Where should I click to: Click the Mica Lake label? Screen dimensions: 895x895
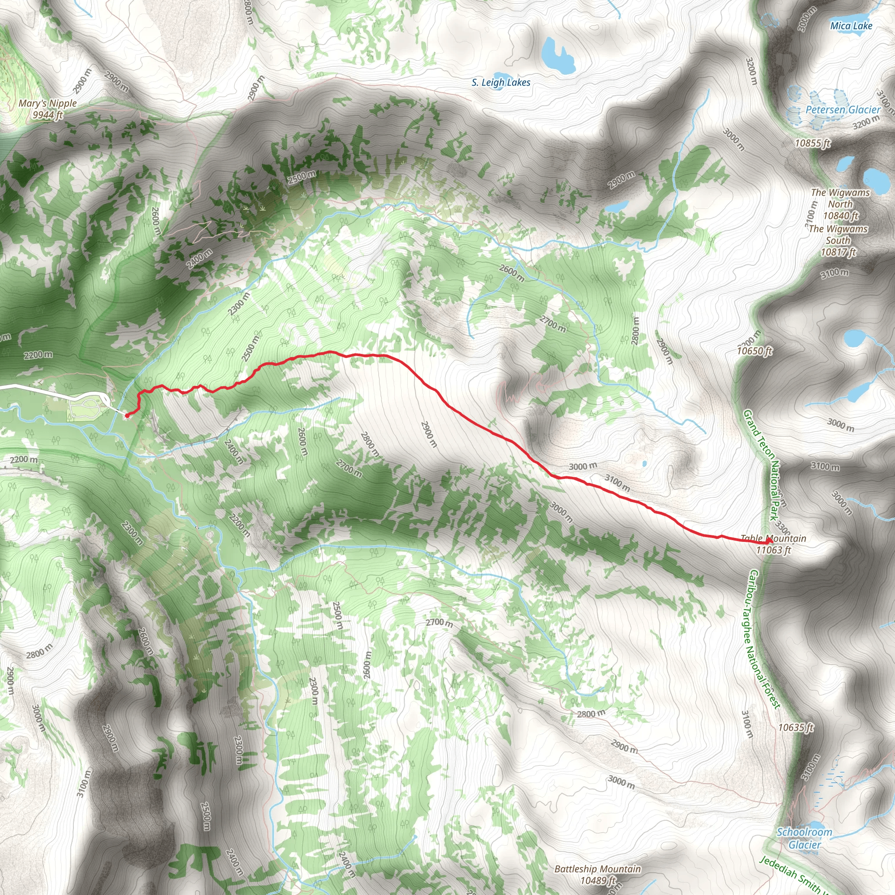pos(851,26)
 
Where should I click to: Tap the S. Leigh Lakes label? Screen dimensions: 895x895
pos(501,83)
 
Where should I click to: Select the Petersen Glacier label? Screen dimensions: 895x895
pos(843,110)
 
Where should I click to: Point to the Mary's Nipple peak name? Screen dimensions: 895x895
pos(48,103)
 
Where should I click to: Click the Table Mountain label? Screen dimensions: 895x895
pos(773,538)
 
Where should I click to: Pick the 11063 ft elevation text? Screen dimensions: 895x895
pos(773,550)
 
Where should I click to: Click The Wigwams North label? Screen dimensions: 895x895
pos(840,198)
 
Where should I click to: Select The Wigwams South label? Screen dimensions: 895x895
pos(838,234)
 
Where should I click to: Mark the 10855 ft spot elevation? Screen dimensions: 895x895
pos(812,143)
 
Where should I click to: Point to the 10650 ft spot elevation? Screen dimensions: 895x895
pos(755,350)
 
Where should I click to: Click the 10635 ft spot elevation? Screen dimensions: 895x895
pos(795,727)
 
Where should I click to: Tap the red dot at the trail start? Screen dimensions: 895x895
pos(127,416)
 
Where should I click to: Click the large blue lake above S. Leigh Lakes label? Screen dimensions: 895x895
pos(557,55)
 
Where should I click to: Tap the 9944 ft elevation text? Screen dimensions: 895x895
pos(48,115)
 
